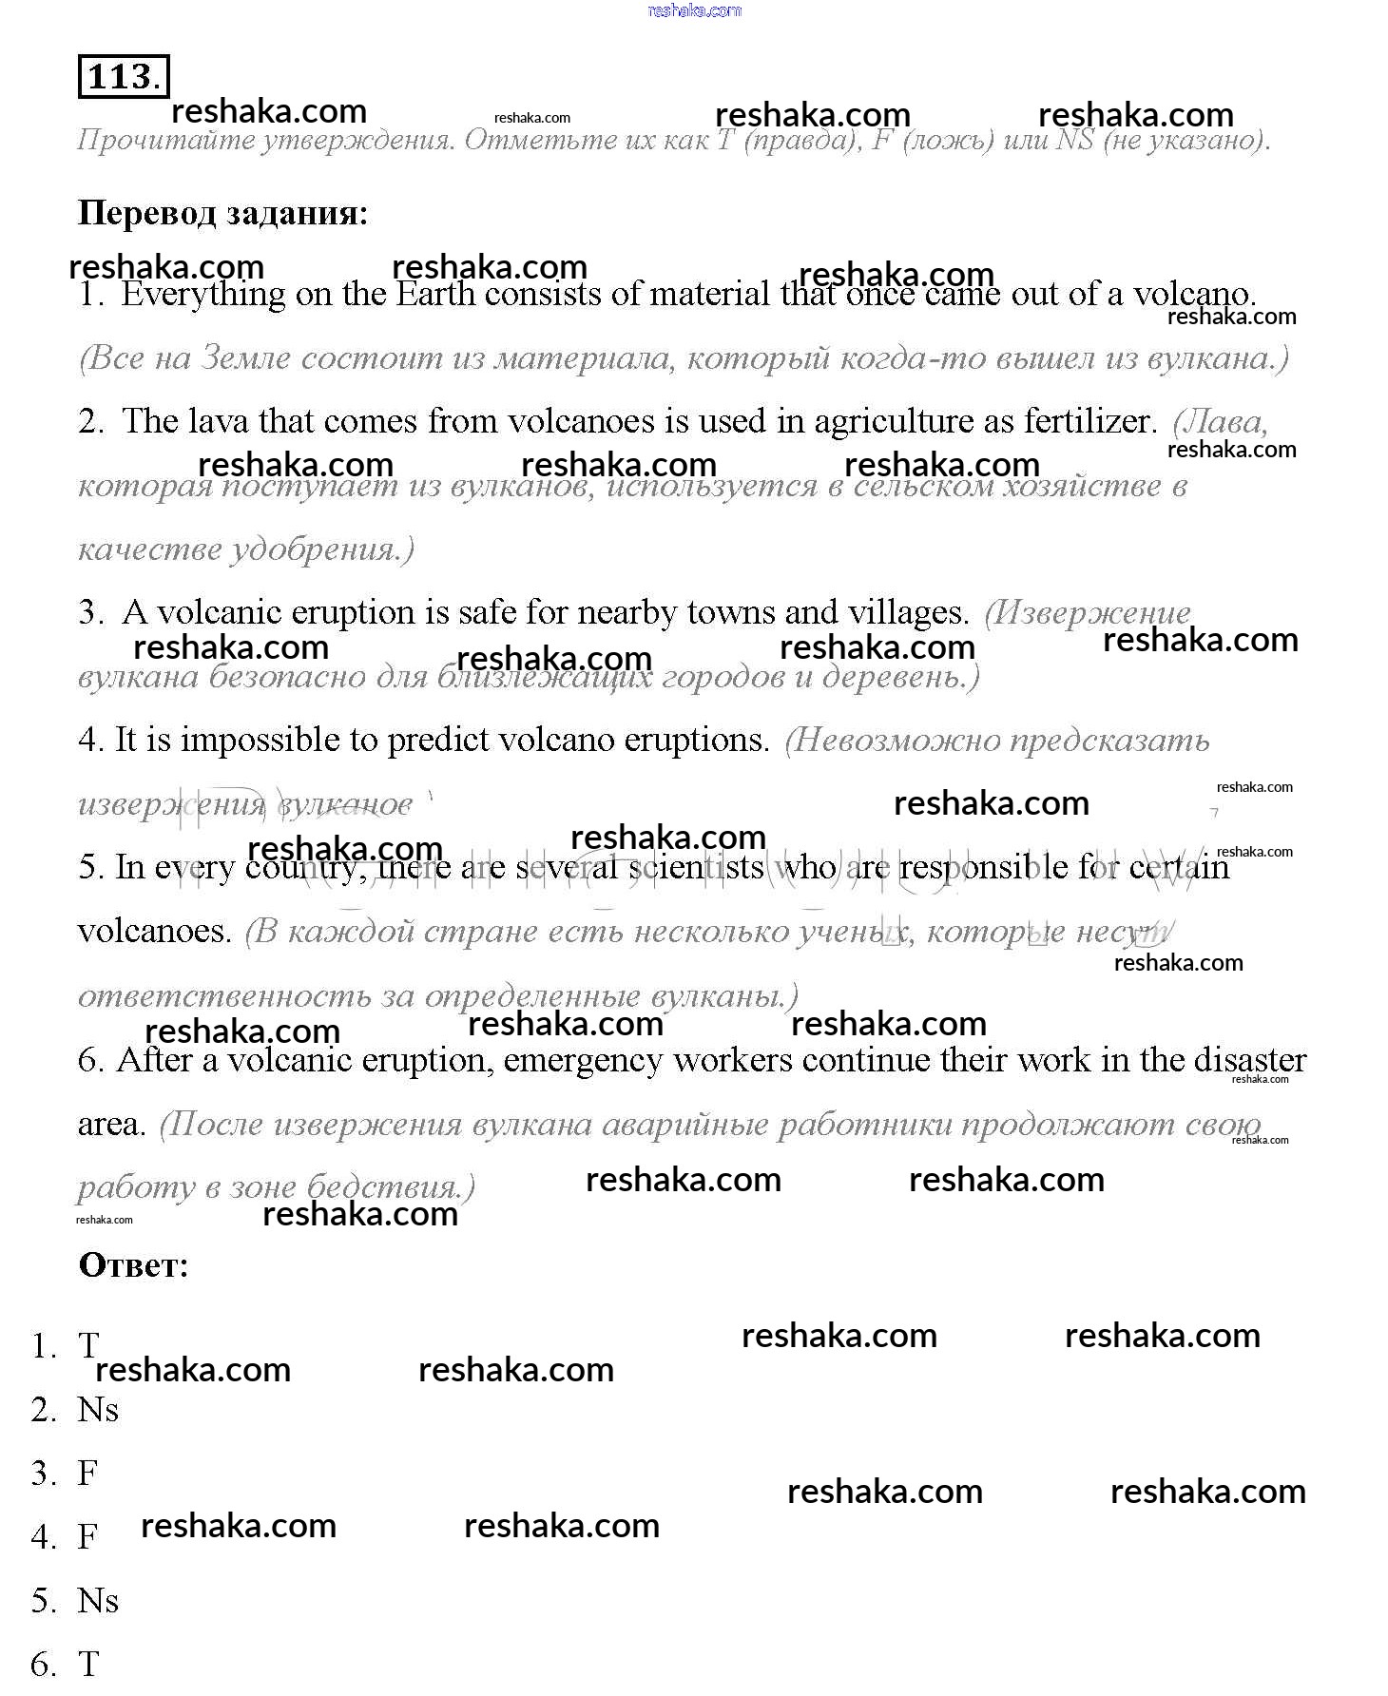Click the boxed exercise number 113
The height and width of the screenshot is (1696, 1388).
click(123, 76)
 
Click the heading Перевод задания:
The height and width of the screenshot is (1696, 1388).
click(222, 212)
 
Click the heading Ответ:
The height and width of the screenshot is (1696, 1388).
click(133, 1264)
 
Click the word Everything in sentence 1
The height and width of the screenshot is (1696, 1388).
click(202, 295)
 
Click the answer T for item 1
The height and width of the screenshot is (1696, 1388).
click(88, 1345)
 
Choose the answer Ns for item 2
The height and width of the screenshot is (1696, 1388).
click(98, 1409)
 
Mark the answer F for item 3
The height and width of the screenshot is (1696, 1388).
click(87, 1473)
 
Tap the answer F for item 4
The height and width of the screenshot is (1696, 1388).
click(87, 1536)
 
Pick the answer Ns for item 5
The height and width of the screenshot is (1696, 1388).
click(98, 1600)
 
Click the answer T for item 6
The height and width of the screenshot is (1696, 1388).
click(88, 1664)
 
